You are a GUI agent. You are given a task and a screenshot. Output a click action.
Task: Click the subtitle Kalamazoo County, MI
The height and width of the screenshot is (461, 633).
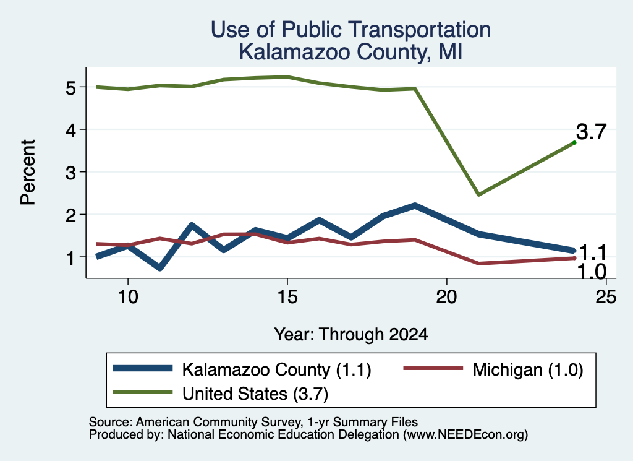[350, 52]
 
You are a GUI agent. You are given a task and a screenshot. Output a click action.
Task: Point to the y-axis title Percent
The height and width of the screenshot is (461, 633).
[28, 172]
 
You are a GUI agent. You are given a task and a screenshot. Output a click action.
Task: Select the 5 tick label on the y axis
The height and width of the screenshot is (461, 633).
[70, 87]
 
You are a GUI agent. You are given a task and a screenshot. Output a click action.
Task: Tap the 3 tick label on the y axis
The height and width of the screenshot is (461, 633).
[70, 173]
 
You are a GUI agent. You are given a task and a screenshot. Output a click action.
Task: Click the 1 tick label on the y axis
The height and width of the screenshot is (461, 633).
[70, 257]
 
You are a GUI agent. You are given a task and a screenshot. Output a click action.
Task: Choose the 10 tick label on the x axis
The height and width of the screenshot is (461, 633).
[128, 297]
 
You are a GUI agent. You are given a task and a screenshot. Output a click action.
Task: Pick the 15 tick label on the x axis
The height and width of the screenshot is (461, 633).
[287, 297]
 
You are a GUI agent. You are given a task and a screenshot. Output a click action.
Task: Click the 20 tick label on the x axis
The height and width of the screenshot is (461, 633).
[446, 297]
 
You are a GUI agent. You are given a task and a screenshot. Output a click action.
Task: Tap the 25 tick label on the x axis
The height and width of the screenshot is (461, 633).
[606, 297]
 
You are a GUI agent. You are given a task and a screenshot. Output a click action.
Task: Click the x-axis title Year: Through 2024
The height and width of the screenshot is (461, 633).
[351, 335]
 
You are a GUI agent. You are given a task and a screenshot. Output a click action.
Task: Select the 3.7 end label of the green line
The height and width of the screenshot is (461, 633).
[591, 132]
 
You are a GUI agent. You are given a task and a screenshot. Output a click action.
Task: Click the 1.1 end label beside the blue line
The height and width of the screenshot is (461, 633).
[592, 253]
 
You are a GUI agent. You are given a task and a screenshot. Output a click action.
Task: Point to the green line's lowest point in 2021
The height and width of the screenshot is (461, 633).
[478, 195]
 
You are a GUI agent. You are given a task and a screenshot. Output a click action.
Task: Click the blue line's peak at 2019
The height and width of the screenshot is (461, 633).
[415, 206]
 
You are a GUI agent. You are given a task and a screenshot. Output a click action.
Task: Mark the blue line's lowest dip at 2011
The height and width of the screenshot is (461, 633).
[160, 267]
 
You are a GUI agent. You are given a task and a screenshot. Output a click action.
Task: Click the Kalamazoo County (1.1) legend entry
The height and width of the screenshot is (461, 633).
[242, 369]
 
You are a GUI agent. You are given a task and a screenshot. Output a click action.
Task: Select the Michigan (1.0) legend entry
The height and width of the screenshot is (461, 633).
[493, 369]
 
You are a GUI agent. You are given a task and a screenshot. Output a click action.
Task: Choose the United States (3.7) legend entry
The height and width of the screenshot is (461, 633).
[221, 394]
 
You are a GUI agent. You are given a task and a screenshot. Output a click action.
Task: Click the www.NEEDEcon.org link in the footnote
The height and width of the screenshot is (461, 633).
[465, 435]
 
